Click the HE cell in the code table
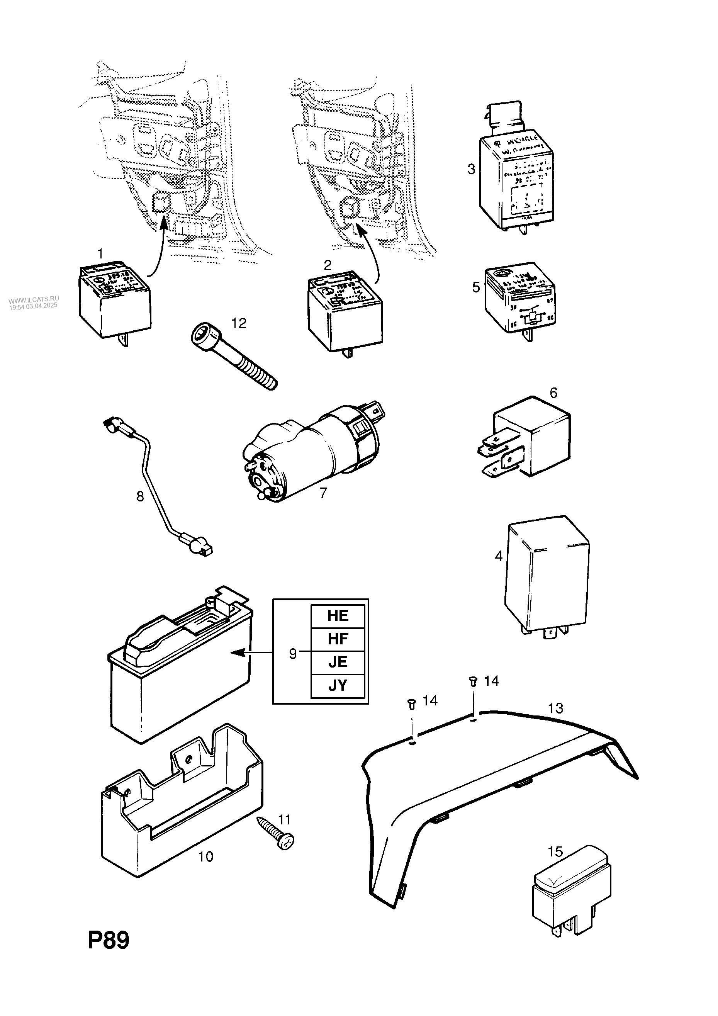click(x=338, y=616)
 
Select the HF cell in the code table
click(x=338, y=639)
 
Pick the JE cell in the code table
click(x=338, y=662)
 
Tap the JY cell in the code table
click(x=338, y=685)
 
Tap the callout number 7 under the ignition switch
click(x=323, y=493)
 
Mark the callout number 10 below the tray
click(x=206, y=857)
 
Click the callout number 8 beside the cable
click(x=140, y=496)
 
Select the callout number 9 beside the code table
click(x=293, y=654)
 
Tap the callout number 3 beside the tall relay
click(x=471, y=169)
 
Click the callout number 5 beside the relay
click(x=476, y=288)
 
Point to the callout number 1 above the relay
click(x=100, y=253)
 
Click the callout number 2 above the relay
click(x=328, y=265)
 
